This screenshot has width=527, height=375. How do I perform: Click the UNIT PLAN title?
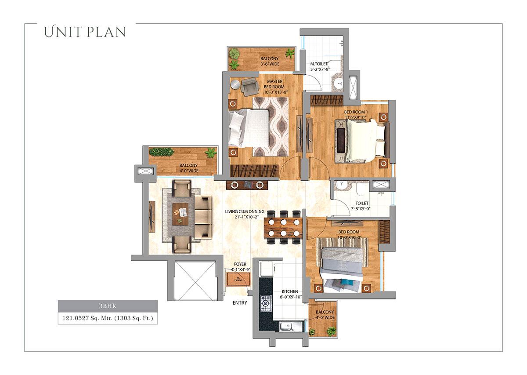click(x=85, y=32)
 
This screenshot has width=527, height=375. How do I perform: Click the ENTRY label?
click(x=240, y=303)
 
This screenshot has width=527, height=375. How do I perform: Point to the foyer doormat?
click(x=238, y=279)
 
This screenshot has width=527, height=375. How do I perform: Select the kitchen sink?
click(x=290, y=327)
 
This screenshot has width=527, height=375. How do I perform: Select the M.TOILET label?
click(x=319, y=66)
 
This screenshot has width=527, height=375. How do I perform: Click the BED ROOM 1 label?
click(x=356, y=115)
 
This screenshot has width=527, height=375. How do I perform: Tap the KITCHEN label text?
click(x=290, y=294)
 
